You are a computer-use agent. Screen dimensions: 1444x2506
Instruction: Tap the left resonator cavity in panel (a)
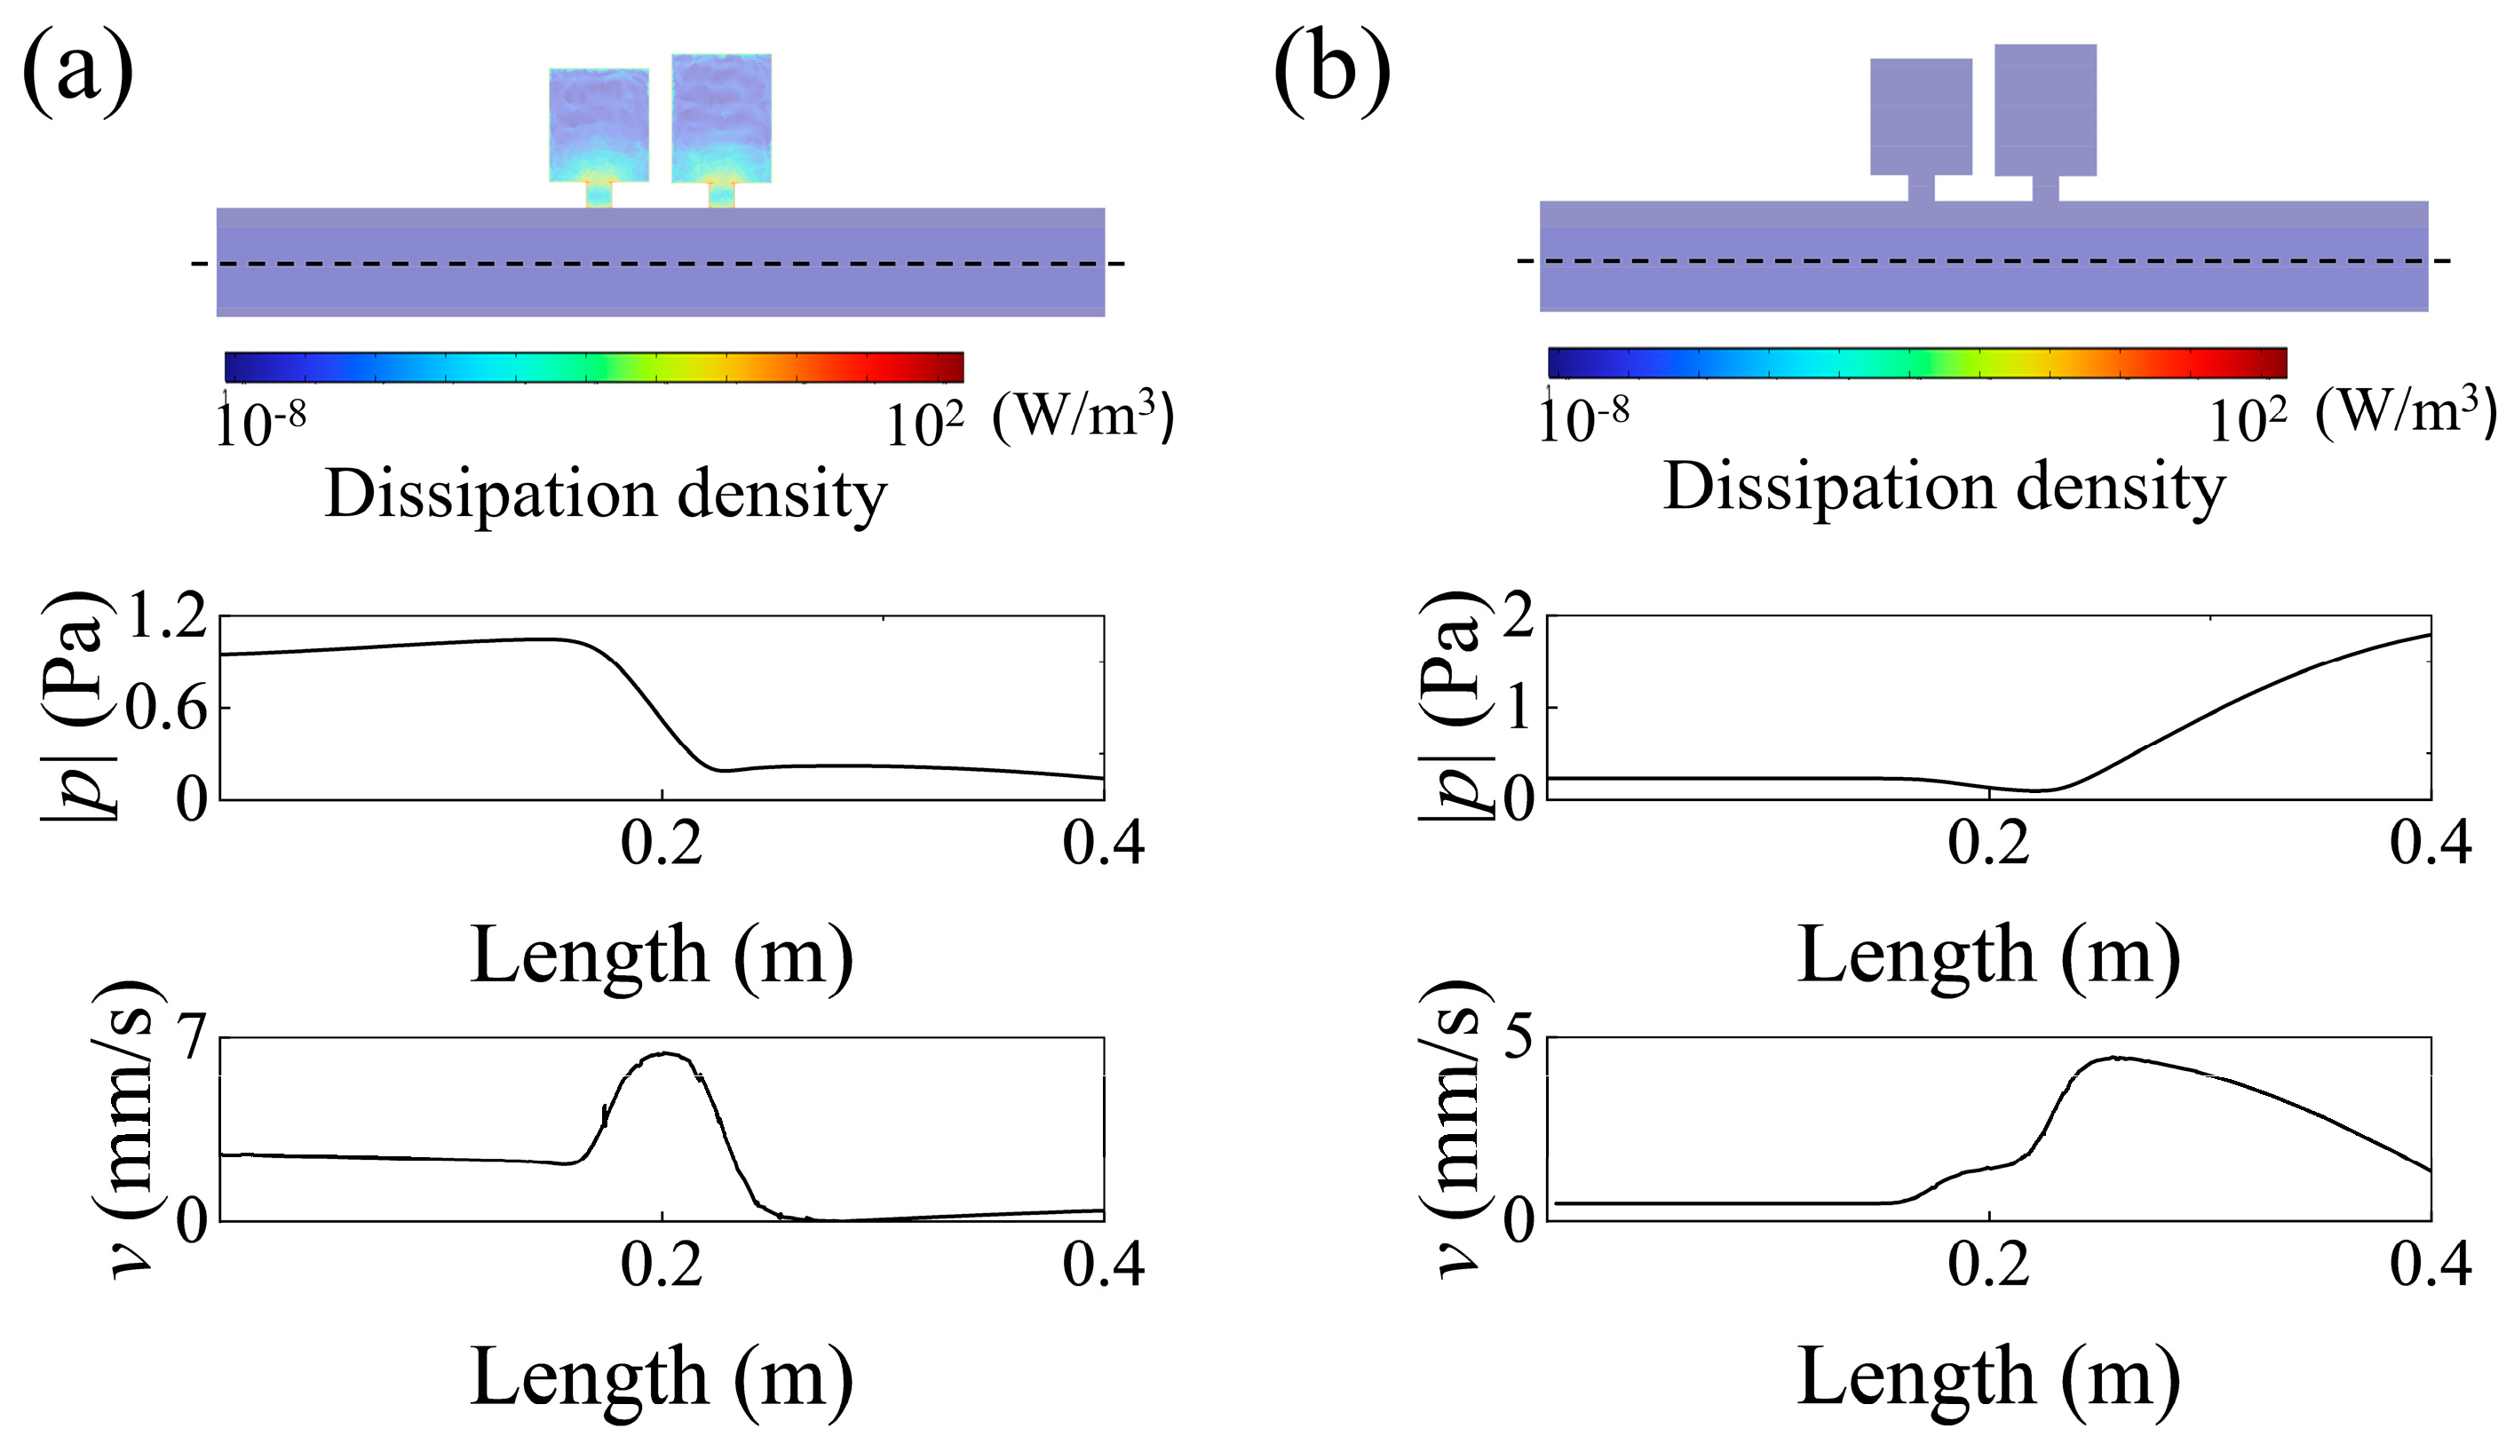(599, 125)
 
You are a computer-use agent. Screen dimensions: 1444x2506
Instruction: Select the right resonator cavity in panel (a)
(721, 118)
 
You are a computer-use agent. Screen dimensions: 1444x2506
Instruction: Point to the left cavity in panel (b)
(1921, 116)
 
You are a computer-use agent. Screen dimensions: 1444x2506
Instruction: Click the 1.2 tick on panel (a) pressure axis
(168, 616)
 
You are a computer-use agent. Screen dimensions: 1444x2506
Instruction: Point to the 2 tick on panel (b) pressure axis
(1519, 618)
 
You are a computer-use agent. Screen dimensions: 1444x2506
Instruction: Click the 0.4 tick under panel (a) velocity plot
(1103, 1265)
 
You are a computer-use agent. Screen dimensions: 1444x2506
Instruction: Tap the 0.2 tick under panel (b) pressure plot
(1988, 844)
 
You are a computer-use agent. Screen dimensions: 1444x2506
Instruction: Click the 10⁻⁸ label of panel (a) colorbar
(260, 424)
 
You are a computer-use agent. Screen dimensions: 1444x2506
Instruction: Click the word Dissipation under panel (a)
(490, 494)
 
